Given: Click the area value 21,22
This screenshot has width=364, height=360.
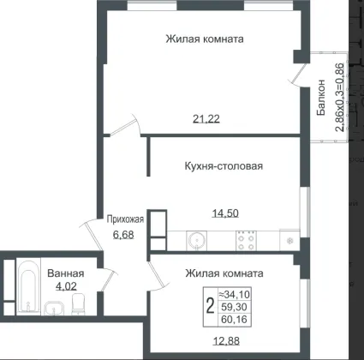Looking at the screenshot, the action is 206,118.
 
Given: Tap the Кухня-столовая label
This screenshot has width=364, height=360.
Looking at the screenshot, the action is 224,166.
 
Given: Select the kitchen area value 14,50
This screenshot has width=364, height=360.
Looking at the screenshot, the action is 225,213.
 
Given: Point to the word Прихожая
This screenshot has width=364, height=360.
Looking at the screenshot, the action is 125,219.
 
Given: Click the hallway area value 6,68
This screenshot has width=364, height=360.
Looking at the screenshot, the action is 123,235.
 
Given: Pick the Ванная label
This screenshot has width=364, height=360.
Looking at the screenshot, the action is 66,273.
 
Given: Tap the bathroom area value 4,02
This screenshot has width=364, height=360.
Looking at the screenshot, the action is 66,286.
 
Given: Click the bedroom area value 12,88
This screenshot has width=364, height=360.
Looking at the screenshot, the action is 226,340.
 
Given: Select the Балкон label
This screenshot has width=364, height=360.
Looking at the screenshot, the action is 321,98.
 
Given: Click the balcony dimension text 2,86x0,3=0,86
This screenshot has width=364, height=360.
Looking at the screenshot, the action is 339,97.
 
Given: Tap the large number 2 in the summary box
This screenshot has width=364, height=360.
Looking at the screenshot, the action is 210,306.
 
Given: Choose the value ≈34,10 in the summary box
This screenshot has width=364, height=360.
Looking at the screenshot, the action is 235,294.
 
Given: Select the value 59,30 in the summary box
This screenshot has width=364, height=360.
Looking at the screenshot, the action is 235,307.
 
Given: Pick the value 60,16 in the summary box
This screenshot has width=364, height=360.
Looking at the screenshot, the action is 235,319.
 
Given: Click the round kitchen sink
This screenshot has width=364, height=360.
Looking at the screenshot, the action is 197,240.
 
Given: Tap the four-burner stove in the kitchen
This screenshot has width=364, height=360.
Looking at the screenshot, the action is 246,241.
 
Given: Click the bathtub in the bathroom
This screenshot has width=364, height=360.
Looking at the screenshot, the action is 28,287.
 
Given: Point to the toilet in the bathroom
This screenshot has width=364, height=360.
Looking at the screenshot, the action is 78,303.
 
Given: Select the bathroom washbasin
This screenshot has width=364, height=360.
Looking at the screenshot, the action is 55,309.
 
